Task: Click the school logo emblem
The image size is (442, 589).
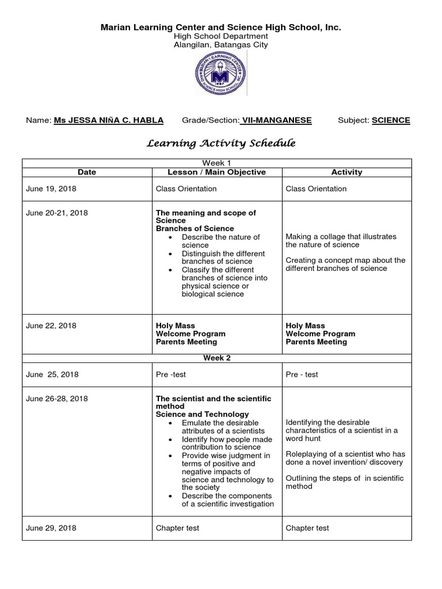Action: [x=221, y=74]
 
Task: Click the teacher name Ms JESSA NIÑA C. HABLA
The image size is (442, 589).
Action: [x=108, y=120]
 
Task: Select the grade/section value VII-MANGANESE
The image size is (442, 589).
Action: [x=276, y=120]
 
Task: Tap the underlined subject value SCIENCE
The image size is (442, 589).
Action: [x=391, y=120]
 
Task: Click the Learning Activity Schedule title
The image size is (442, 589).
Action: [x=221, y=143]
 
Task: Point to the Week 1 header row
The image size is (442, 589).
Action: [x=217, y=163]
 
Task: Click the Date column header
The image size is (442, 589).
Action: [x=87, y=172]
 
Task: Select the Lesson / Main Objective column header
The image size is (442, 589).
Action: [x=216, y=172]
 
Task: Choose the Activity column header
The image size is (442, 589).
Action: [x=346, y=172]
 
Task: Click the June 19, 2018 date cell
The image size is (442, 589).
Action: [x=51, y=189]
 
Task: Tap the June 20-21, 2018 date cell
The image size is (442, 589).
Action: [x=57, y=213]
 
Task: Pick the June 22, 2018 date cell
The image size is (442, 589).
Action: [x=51, y=326]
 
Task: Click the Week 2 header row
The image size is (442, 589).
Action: [x=217, y=358]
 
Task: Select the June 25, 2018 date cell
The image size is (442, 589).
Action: [x=52, y=374]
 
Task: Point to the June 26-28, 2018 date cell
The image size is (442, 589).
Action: [x=57, y=399]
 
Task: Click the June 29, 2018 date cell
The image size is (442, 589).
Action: [x=51, y=528]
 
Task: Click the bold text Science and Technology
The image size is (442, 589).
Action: [x=203, y=414]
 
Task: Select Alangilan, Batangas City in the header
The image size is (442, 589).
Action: [x=221, y=45]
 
